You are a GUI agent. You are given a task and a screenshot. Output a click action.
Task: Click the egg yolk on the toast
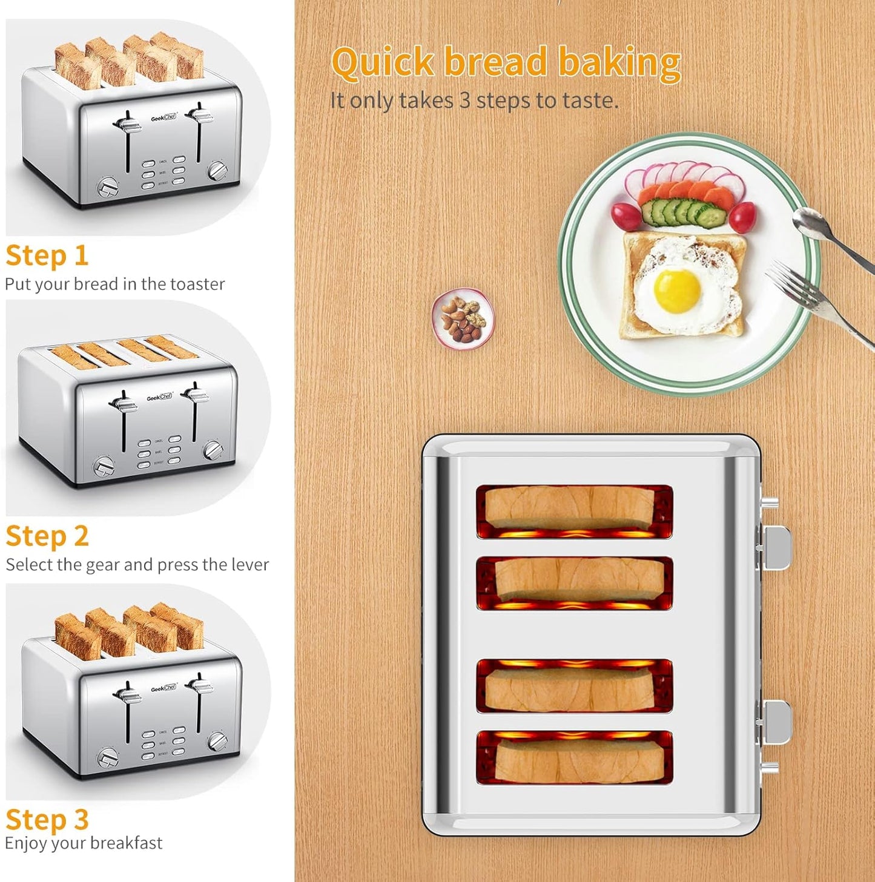(677, 291)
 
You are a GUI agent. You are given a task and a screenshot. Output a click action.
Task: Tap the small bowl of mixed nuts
(463, 319)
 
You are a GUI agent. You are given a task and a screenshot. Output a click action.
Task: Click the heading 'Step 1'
(47, 255)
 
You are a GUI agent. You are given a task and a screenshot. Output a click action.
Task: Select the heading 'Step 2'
(47, 536)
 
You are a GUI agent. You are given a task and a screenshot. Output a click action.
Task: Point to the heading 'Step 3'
(47, 820)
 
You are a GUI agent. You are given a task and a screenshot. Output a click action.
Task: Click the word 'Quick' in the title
(383, 63)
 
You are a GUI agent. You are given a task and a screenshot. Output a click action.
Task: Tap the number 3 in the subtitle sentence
(464, 100)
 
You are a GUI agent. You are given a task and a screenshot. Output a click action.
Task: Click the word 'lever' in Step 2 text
(250, 565)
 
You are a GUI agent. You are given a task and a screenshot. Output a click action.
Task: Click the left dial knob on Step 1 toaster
(108, 187)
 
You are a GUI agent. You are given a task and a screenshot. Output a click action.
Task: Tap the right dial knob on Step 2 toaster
(213, 450)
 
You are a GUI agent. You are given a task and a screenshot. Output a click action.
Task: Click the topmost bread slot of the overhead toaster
(574, 511)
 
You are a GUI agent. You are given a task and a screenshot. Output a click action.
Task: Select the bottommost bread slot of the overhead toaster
(574, 757)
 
